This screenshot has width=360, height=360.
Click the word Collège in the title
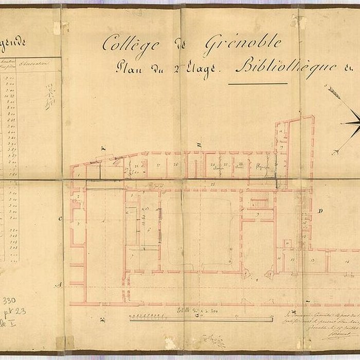tap(123, 44)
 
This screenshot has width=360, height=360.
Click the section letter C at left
tap(60, 219)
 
